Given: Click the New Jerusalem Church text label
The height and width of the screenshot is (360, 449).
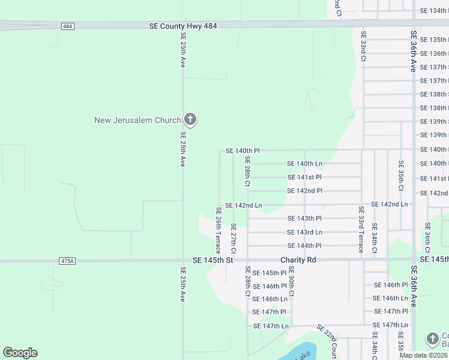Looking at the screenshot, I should point(137,120).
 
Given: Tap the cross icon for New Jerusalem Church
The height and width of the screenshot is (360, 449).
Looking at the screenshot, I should point(190,119).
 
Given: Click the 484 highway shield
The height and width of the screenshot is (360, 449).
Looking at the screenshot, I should point(67,26).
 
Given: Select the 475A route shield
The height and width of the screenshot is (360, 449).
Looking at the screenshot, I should point(67,261).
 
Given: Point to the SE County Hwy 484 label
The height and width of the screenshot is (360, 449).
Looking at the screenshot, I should point(182,26).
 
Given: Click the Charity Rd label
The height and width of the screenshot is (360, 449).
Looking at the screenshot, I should point(298,260).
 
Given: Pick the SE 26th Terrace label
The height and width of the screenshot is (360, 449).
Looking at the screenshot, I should point(218,230).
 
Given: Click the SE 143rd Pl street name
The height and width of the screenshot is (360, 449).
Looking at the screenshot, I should point(304,218).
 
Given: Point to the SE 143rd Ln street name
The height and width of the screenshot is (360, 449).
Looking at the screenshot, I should point(304,232).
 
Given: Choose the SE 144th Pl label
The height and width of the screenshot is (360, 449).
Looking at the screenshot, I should point(304,245).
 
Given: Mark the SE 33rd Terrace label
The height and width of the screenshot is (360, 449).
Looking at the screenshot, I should point(361,230).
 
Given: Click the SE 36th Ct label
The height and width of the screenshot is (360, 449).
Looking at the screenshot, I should point(427,238).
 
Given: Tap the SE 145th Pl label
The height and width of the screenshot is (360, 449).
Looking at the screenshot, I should point(270,273).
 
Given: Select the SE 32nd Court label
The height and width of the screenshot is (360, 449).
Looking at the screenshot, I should point(328,342).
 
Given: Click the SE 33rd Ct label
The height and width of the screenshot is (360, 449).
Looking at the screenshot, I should point(364,47).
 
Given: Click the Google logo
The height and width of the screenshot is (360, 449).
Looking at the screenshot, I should point(20,353).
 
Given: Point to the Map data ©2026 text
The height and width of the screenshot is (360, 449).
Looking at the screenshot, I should point(423,355).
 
